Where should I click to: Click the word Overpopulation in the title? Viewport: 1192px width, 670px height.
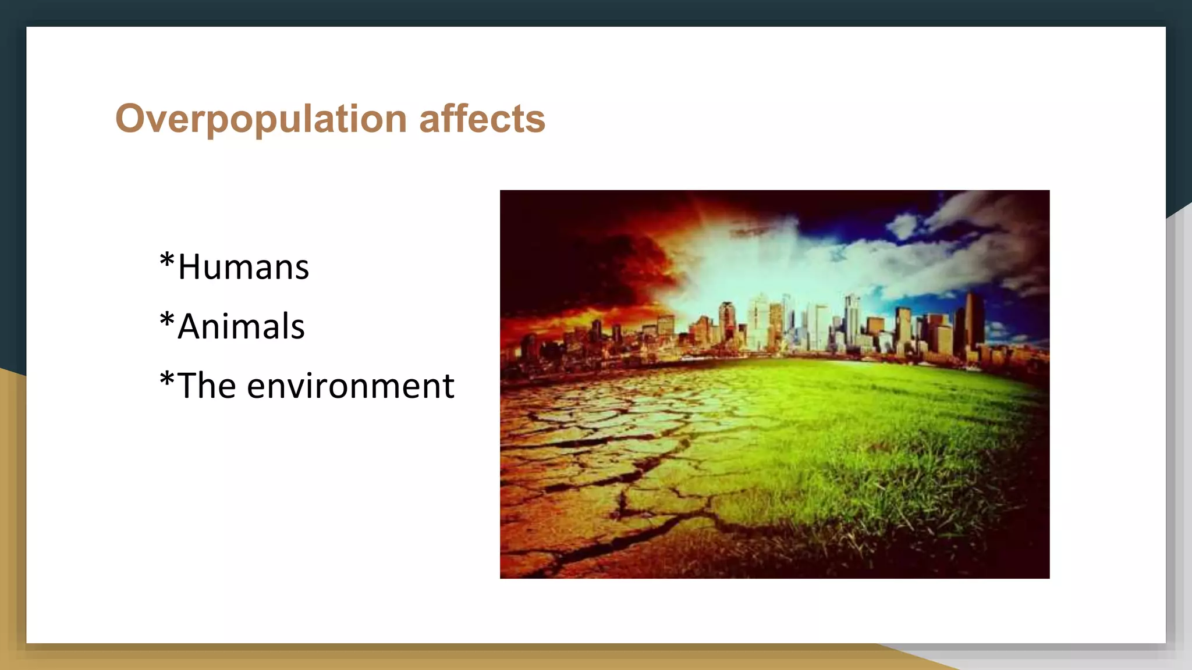point(261,119)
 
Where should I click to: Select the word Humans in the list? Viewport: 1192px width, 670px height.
point(243,268)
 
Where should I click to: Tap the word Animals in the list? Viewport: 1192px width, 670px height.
point(241,326)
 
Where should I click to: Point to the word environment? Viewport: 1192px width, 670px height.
point(350,386)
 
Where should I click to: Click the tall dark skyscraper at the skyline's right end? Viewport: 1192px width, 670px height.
point(973,320)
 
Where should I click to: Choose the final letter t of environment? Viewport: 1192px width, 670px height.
point(448,387)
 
